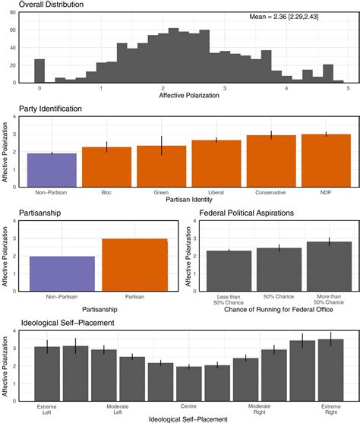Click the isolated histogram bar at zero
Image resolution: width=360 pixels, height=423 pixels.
click(x=39, y=71)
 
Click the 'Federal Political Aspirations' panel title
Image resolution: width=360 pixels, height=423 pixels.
click(x=248, y=213)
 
